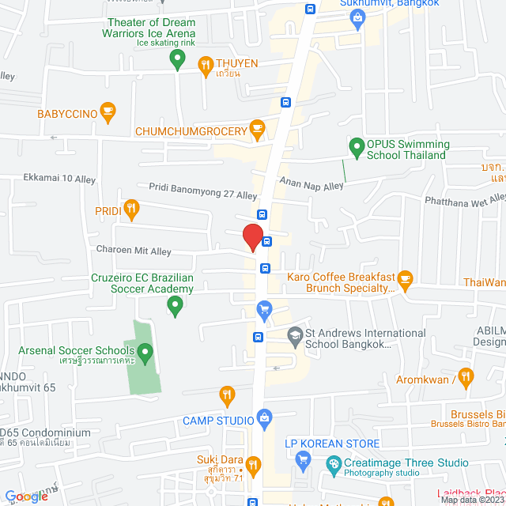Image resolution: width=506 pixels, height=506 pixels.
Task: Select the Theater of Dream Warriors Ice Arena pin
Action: pos(178,58)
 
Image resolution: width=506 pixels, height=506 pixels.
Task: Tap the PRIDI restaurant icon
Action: pos(131,209)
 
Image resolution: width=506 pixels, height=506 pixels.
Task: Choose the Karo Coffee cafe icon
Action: pos(406,278)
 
